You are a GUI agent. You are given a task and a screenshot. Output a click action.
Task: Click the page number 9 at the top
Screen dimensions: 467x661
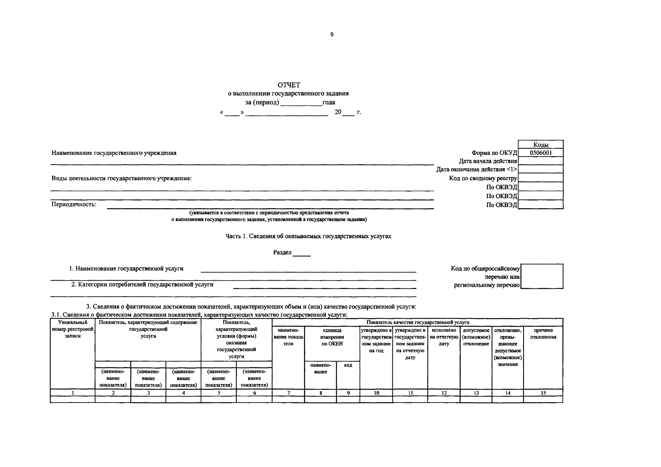pos(332,35)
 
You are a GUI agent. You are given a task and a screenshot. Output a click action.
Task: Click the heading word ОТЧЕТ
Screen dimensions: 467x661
pos(289,85)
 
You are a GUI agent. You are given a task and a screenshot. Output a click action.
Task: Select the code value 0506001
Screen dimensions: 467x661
pos(541,153)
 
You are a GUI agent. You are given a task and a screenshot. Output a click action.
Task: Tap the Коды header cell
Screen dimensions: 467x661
pos(541,145)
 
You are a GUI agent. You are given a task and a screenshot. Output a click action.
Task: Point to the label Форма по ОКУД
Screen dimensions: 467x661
pos(494,153)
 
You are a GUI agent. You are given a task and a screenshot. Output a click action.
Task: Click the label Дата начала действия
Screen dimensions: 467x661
pos(488,161)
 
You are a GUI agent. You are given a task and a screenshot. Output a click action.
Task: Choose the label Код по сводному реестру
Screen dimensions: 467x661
pos(483,178)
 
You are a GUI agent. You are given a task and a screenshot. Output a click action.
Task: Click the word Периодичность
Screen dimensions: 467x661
pos(74,204)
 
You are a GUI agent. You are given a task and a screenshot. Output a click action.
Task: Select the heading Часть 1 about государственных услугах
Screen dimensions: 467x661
pos(308,236)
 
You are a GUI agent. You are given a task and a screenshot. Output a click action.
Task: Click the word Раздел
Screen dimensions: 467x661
pos(283,252)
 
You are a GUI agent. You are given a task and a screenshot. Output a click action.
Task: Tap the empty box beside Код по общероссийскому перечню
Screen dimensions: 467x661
pos(541,276)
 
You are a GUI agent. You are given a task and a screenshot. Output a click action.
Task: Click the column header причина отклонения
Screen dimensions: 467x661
pos(543,334)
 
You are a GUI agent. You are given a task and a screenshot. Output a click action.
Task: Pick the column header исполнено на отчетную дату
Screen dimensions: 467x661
pos(444,337)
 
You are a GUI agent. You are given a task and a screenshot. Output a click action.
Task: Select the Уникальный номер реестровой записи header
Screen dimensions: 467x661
pos(73,329)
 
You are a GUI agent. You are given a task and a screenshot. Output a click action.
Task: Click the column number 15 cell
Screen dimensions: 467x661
pos(543,393)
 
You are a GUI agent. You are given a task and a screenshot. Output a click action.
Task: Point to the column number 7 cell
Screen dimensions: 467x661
pos(288,393)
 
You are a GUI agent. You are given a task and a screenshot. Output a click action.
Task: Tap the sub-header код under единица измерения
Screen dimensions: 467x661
pos(348,365)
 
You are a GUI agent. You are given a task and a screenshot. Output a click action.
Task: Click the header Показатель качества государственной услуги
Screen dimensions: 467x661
pos(418,322)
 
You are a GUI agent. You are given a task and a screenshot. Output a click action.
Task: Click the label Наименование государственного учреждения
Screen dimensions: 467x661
pos(114,153)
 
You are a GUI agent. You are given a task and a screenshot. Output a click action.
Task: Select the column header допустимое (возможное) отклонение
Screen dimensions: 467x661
pos(476,337)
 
